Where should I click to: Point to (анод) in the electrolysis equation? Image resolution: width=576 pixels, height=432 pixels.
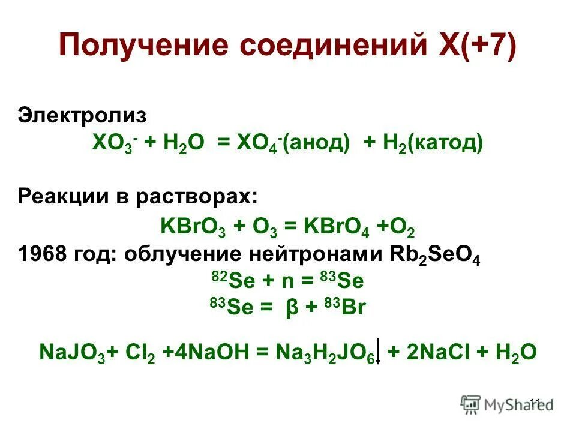318,143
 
